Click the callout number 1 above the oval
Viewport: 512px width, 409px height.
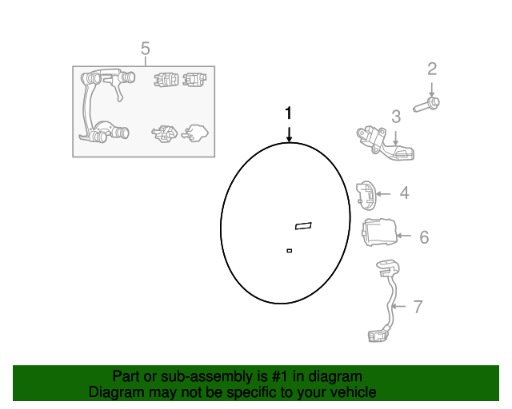289,113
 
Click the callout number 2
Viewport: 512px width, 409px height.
432,69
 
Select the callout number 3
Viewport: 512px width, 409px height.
396,117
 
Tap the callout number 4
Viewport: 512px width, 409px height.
405,193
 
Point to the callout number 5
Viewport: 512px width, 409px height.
145,50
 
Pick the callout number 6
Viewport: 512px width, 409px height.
424,236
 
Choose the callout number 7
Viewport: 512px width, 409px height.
417,306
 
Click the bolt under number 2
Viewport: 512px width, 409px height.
429,104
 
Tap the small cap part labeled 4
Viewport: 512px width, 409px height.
365,193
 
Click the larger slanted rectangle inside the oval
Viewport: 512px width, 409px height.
303,225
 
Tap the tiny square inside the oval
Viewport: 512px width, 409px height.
289,251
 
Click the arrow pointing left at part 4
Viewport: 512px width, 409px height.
383,193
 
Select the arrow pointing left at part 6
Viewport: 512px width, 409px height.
404,236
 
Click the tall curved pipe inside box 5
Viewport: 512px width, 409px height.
91,104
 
